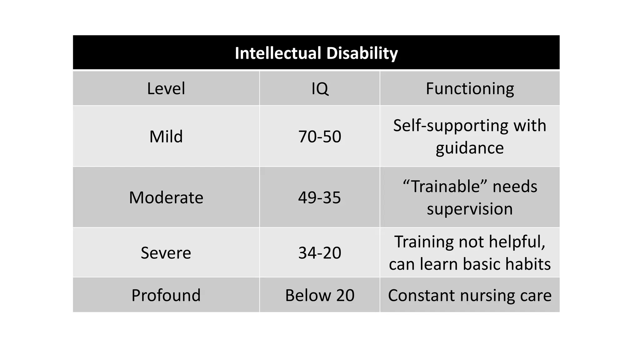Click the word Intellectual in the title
pyautogui.click(x=278, y=53)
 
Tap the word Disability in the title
pyautogui.click(x=362, y=53)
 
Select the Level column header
pyautogui.click(x=166, y=88)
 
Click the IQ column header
pyautogui.click(x=320, y=88)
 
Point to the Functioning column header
pyautogui.click(x=470, y=88)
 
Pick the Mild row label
pyautogui.click(x=166, y=137)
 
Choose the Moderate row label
pyautogui.click(x=166, y=197)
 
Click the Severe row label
pyautogui.click(x=166, y=252)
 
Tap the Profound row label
pyautogui.click(x=166, y=295)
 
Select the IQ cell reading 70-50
pyautogui.click(x=320, y=137)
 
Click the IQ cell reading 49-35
pyautogui.click(x=320, y=197)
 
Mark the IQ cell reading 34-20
pyautogui.click(x=320, y=252)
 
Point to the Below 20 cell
pyautogui.click(x=320, y=295)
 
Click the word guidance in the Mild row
pyautogui.click(x=470, y=148)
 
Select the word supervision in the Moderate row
pyautogui.click(x=470, y=209)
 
